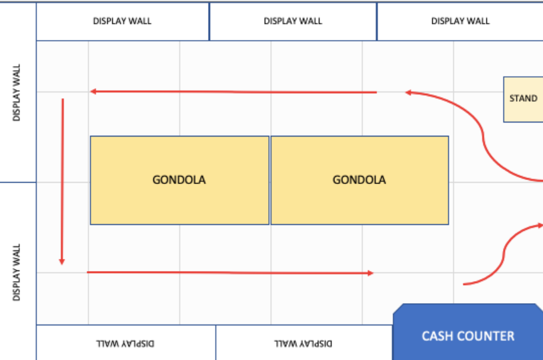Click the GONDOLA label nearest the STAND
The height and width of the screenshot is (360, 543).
[x=359, y=180]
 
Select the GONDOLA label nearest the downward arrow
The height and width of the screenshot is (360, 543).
[x=179, y=180]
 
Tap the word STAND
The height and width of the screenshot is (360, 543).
[x=523, y=98]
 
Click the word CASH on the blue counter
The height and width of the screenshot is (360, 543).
[x=436, y=336]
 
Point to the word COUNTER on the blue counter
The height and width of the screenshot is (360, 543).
[x=484, y=336]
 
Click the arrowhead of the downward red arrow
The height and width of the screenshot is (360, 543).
[x=62, y=262]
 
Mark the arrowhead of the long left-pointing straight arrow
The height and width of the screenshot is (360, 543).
[x=93, y=92]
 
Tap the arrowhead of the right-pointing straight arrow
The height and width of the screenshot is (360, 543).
[x=370, y=273]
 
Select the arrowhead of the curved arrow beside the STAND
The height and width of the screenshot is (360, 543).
[x=409, y=92]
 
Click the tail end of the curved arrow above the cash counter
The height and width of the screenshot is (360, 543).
[x=463, y=284]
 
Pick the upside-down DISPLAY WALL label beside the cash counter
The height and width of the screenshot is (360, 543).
[x=303, y=344]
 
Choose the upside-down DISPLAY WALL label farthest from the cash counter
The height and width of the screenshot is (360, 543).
[x=125, y=344]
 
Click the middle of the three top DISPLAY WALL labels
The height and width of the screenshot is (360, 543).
[x=293, y=21]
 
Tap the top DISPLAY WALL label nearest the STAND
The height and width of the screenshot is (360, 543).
[x=460, y=21]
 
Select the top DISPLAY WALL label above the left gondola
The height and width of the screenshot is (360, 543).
[x=122, y=21]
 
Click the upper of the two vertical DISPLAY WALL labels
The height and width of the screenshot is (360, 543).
[x=16, y=92]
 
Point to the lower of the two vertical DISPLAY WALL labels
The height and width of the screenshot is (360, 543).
[x=16, y=272]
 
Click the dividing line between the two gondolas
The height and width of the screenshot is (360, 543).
[x=269, y=180]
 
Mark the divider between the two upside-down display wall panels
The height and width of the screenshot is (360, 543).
[x=216, y=343]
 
